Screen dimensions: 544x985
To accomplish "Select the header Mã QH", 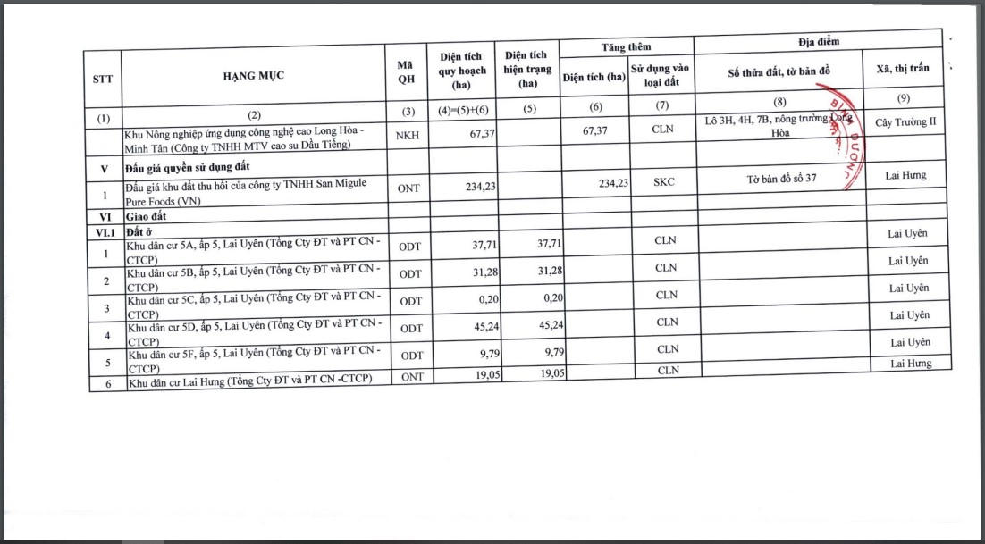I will pos(408,74).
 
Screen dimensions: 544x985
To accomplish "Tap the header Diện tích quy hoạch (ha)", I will pos(461,71).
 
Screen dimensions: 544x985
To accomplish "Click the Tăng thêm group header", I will pos(626,46).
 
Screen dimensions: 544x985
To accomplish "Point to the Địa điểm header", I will pos(818,41).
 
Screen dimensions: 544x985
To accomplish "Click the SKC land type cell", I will pos(664,181).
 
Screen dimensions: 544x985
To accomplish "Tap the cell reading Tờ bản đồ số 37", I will pos(781,179).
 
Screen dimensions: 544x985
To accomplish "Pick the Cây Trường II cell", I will pos(905,122).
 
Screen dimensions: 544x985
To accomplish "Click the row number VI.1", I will pos(105,231).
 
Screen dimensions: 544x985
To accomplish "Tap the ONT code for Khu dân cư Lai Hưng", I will pos(412,377).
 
